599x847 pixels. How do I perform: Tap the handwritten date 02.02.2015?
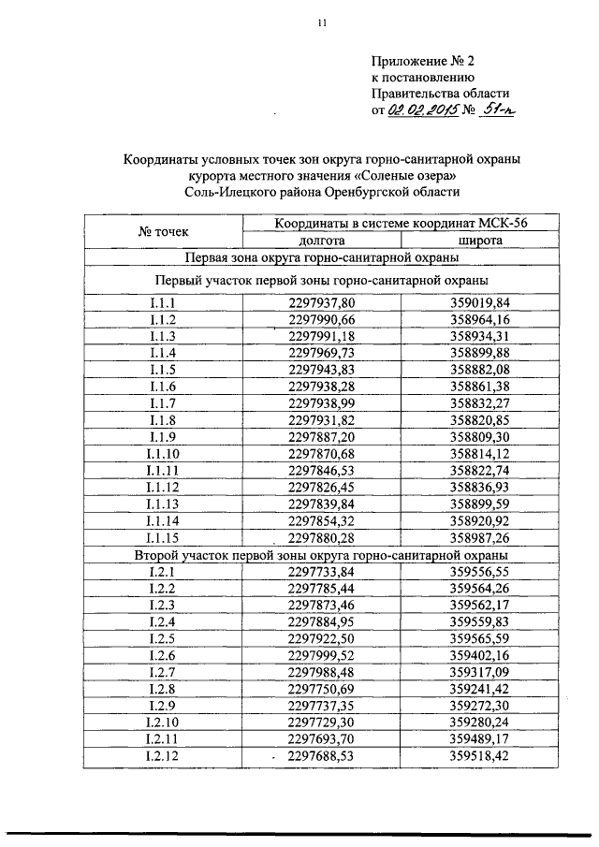click(x=423, y=111)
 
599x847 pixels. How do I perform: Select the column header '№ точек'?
click(x=163, y=230)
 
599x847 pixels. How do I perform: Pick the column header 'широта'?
click(x=480, y=240)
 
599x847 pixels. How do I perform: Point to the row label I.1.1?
click(x=163, y=301)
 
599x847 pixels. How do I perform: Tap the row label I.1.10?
click(x=163, y=453)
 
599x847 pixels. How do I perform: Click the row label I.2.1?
click(x=163, y=571)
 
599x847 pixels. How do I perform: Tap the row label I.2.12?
click(x=163, y=756)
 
